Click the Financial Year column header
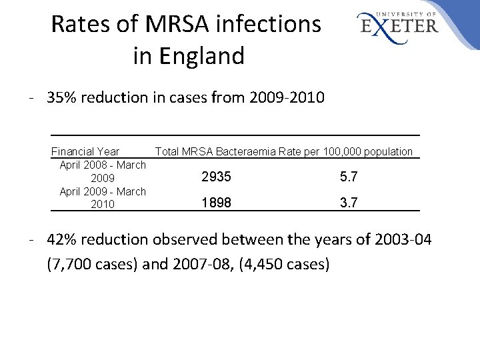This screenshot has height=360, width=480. tap(85, 151)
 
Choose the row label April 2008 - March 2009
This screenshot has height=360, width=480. tap(103, 171)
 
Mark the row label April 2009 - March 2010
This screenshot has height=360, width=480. tap(103, 197)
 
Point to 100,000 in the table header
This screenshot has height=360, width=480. tap(344, 151)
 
